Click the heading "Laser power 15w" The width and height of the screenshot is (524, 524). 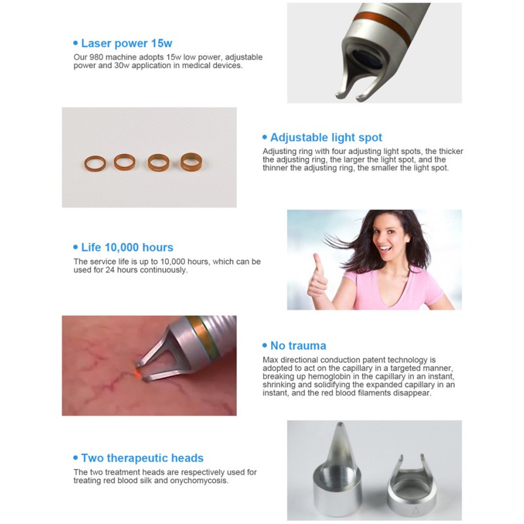[126, 43]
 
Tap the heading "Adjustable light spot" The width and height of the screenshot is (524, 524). [326, 138]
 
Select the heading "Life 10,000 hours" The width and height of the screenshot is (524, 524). [127, 248]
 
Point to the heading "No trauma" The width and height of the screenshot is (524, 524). [298, 345]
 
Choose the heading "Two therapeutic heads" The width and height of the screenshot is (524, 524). [142, 458]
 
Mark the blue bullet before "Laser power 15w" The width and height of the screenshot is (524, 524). [75, 44]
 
